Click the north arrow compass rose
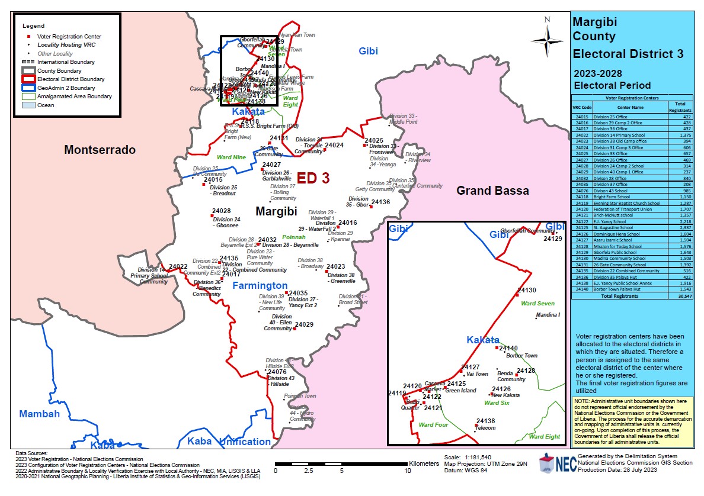[546, 39]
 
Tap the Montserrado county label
[100, 150]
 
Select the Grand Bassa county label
[492, 191]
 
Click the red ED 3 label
[313, 178]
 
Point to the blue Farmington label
[260, 286]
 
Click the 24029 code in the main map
[304, 325]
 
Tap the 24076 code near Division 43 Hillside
[277, 372]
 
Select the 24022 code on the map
[178, 267]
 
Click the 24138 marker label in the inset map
[485, 421]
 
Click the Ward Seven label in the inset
[537, 304]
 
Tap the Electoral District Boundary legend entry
[71, 79]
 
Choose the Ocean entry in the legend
[46, 105]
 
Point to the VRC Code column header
[582, 108]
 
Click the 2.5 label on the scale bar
[308, 471]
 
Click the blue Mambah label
[39, 414]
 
